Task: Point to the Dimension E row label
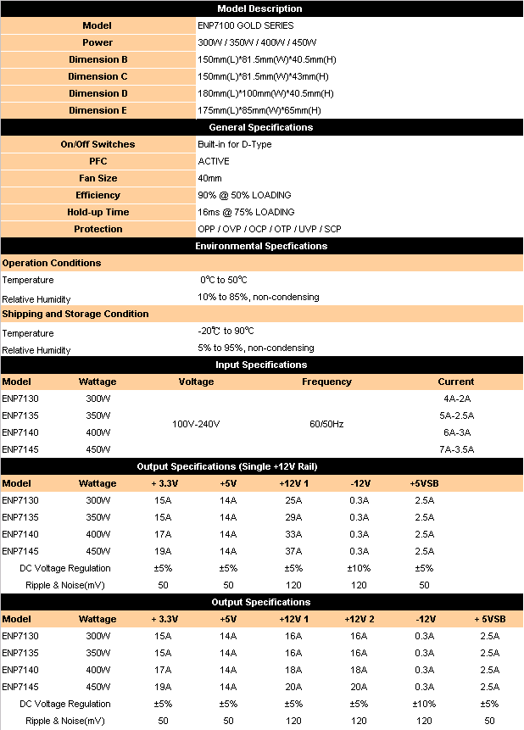(x=98, y=110)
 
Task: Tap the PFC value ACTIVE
(x=214, y=161)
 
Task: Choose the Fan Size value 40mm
(x=209, y=178)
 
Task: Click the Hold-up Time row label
(x=98, y=212)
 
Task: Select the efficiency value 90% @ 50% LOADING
(x=244, y=195)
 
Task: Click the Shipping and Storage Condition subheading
(x=75, y=314)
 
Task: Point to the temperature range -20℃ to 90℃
(x=226, y=332)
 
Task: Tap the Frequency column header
(x=326, y=382)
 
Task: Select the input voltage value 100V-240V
(x=197, y=424)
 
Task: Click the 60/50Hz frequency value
(x=326, y=424)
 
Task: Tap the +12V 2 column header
(x=359, y=619)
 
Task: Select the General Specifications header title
(x=260, y=127)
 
